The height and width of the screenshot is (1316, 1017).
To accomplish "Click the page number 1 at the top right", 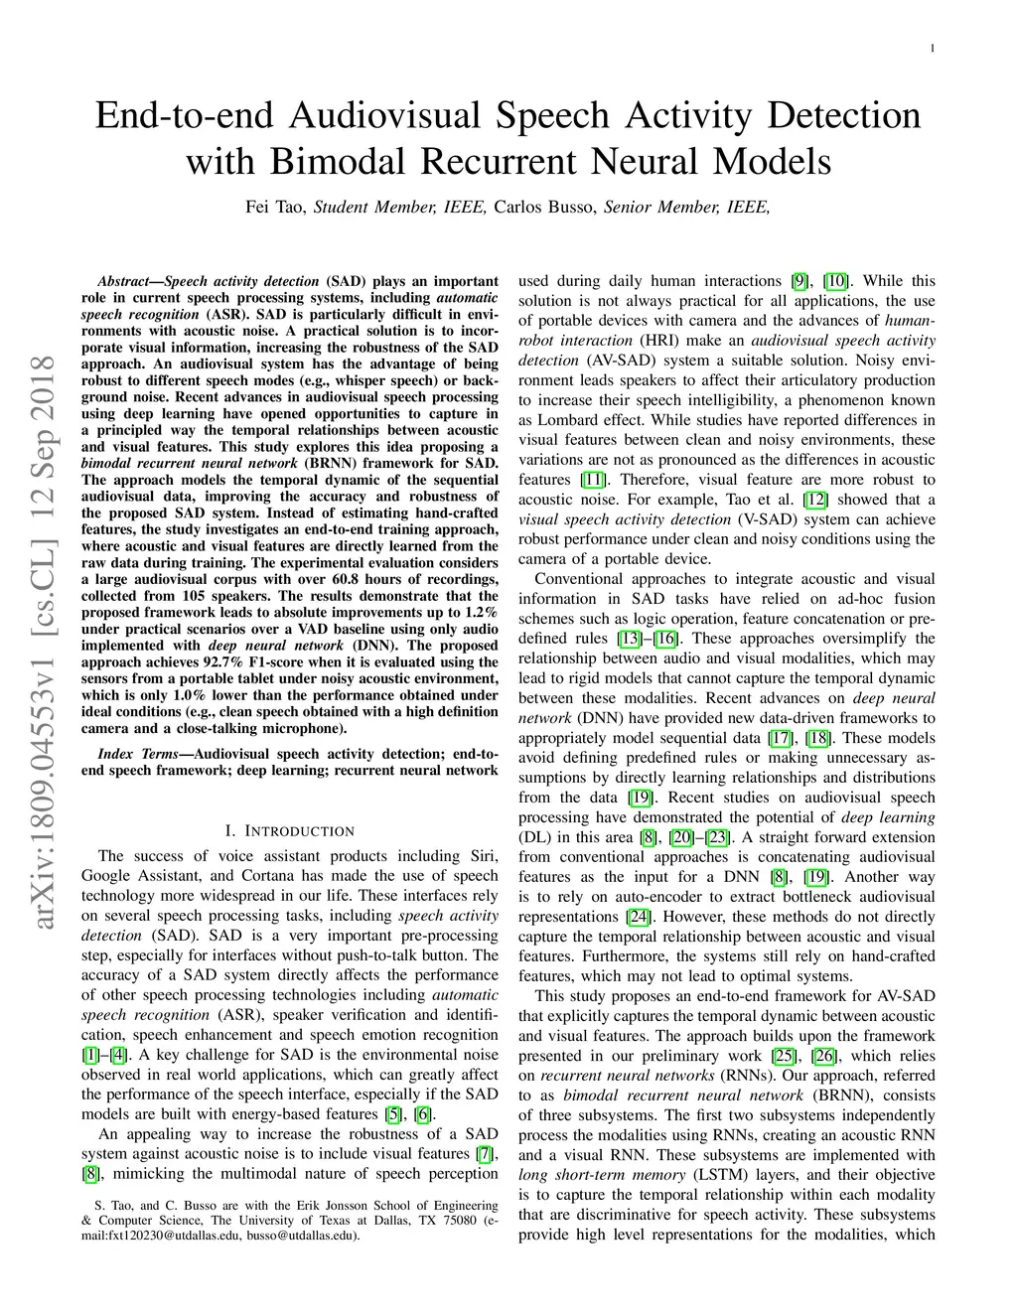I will (933, 49).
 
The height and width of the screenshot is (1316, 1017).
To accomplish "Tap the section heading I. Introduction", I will (289, 831).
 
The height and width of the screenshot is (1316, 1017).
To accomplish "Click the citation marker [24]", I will (639, 917).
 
